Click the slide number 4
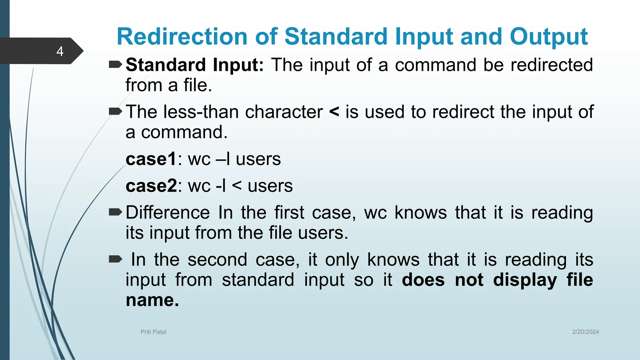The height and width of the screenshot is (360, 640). (60, 51)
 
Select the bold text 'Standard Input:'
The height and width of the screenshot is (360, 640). (195, 65)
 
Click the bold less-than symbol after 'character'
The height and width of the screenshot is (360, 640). (334, 112)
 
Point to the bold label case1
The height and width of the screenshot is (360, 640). (151, 159)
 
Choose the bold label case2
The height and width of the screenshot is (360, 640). (151, 186)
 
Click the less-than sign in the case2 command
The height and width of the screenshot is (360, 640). (237, 186)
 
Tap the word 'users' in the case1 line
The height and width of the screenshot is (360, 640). (258, 159)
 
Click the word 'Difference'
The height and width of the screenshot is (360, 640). (167, 213)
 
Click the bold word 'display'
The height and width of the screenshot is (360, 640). (525, 280)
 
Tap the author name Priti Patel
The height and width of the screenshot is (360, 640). (153, 332)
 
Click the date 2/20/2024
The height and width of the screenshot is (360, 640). (585, 332)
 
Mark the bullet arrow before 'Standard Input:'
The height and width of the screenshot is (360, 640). (115, 65)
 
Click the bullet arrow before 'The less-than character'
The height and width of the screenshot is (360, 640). (115, 111)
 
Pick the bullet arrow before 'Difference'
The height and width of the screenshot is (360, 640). (115, 212)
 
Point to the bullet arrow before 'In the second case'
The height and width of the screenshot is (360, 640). (115, 259)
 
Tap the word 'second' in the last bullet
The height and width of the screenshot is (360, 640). (217, 260)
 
